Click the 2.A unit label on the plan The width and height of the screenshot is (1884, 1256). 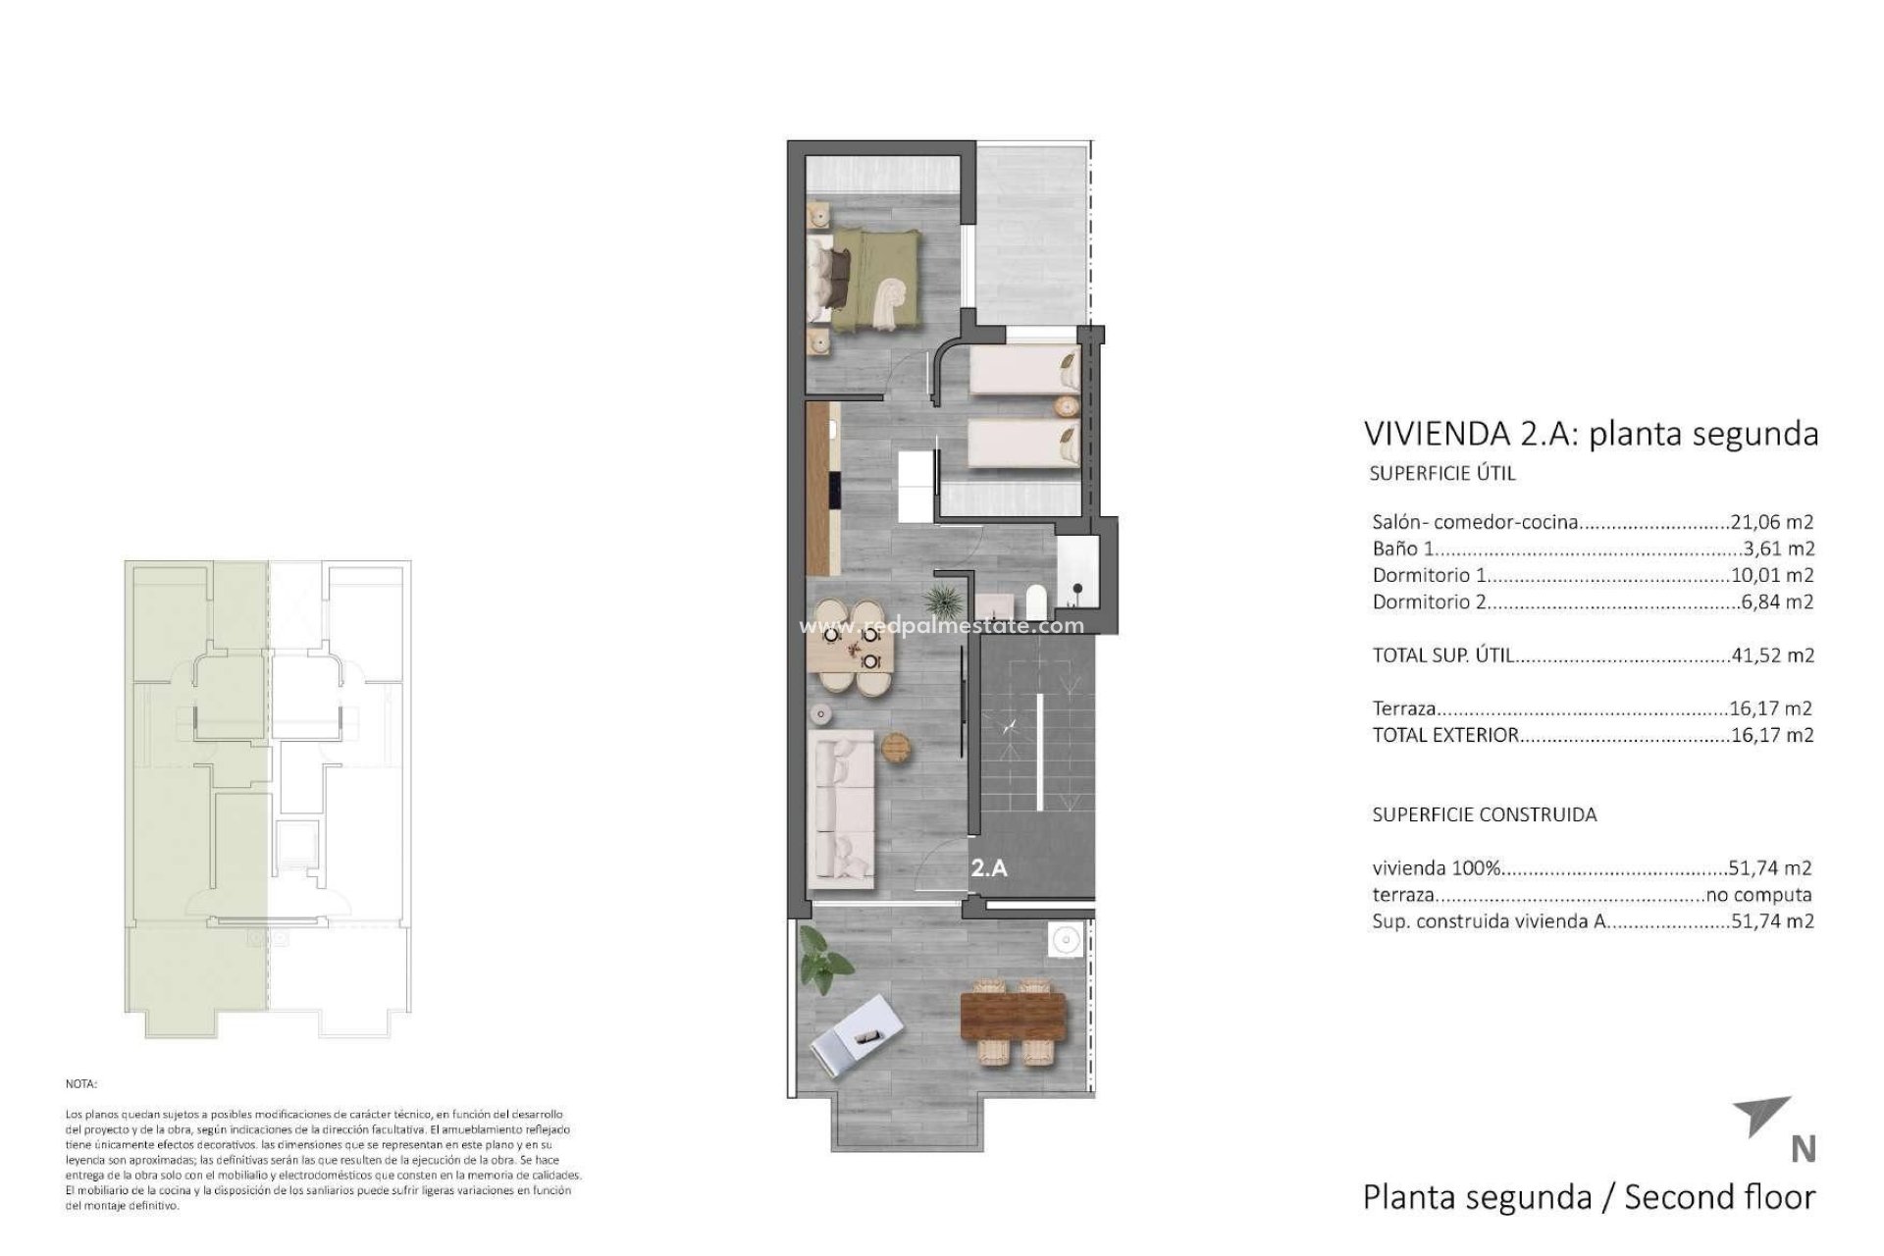click(x=989, y=867)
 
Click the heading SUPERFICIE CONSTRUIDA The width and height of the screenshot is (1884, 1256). click(x=1485, y=814)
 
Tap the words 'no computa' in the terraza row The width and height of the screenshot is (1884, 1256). click(x=1759, y=895)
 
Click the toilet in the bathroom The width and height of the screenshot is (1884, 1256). click(x=1034, y=599)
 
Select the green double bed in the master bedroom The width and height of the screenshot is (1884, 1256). click(x=863, y=277)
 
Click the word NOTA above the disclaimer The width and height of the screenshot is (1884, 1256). click(x=80, y=1084)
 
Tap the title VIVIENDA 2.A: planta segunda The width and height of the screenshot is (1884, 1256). click(x=1591, y=433)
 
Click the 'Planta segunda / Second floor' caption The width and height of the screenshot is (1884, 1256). click(x=1589, y=1197)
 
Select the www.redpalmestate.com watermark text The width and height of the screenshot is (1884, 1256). click(x=942, y=626)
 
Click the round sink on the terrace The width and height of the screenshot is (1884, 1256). click(x=1064, y=940)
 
